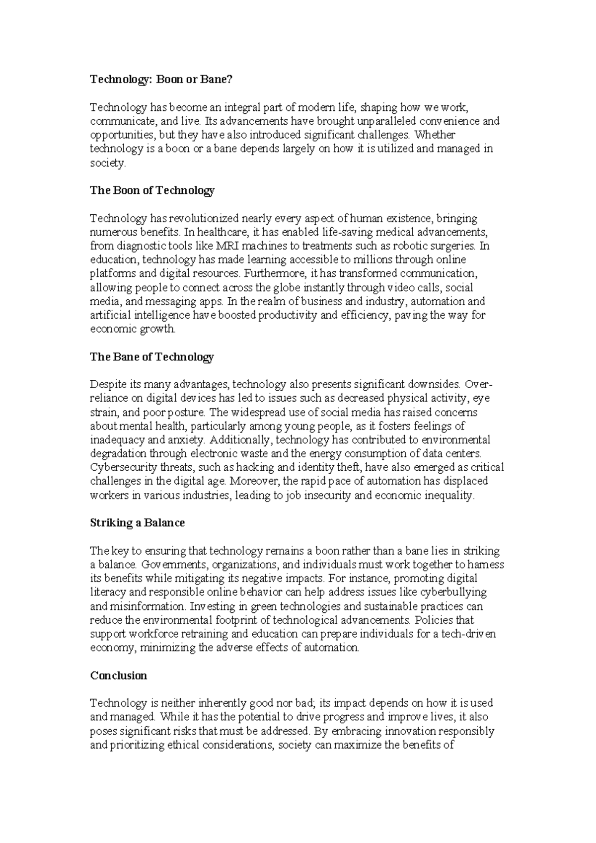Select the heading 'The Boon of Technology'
pos(152,190)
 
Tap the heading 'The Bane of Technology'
pos(151,357)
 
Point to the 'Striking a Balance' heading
pos(137,523)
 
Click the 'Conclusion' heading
pos(119,675)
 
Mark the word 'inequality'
pos(450,495)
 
